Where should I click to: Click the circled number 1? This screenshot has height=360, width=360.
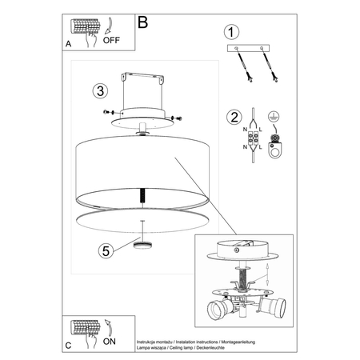pos(231,33)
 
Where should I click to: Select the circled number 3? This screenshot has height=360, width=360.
pos(98,90)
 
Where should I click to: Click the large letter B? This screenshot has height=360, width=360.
pos(143,22)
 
